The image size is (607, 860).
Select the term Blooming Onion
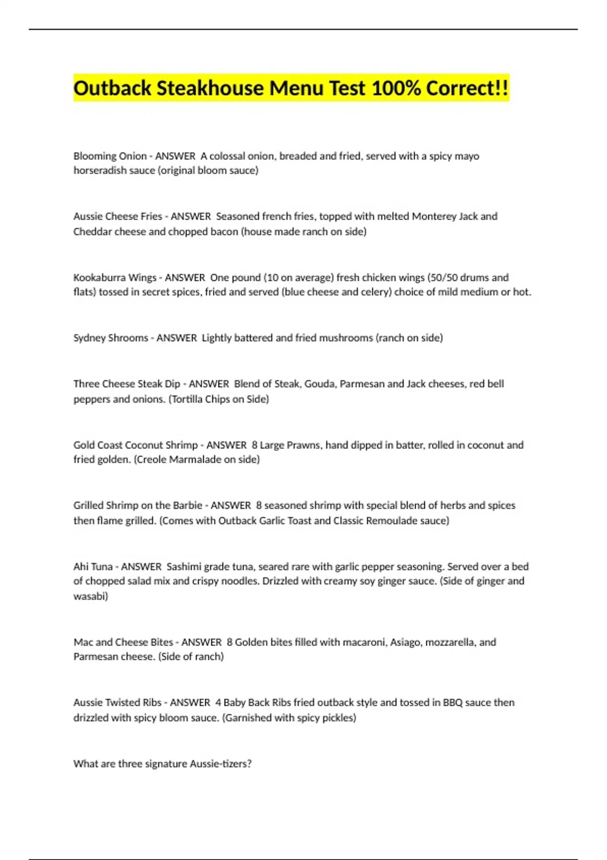click(110, 156)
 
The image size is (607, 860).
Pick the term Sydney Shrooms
click(111, 338)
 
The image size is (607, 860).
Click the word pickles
click(337, 718)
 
